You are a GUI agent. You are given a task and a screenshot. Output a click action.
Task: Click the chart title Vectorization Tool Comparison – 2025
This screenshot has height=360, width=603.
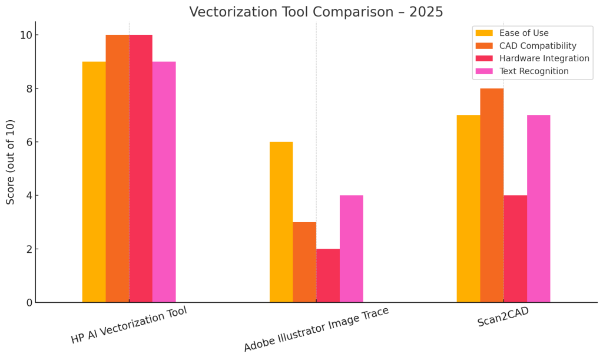(316, 12)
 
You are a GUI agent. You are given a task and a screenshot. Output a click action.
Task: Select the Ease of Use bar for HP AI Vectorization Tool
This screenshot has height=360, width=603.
(94, 182)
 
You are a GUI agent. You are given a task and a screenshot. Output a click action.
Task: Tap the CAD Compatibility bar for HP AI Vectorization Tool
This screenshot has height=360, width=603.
(117, 169)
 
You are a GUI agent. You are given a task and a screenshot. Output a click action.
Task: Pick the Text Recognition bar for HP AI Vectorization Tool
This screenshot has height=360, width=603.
(164, 182)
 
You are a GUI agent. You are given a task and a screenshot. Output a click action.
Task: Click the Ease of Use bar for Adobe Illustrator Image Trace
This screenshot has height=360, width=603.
(281, 222)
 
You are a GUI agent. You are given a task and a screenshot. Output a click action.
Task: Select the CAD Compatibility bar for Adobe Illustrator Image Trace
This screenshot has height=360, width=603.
(304, 262)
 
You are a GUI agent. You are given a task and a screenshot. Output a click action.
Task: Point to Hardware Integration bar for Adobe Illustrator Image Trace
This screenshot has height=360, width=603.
(328, 276)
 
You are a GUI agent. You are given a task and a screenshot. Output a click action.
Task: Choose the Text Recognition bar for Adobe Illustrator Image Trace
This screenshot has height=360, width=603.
(352, 249)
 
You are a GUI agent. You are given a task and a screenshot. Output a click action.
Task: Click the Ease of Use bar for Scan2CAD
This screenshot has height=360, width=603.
(468, 209)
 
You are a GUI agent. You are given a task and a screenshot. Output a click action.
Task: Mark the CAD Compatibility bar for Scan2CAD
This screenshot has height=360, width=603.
(492, 196)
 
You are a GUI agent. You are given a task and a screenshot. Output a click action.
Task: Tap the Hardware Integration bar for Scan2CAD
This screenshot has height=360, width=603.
(515, 249)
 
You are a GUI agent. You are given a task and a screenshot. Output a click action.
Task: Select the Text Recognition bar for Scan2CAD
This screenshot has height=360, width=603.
(538, 209)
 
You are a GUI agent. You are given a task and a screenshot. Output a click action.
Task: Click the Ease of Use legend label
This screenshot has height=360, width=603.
(524, 33)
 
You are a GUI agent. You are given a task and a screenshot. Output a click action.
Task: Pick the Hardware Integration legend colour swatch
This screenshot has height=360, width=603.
(484, 58)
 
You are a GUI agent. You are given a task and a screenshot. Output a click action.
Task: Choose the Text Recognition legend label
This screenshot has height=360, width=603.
(534, 71)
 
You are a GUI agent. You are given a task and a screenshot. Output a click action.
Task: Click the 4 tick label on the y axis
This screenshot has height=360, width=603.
(28, 196)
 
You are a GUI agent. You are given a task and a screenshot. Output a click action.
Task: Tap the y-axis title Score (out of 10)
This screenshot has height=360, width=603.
(11, 162)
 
